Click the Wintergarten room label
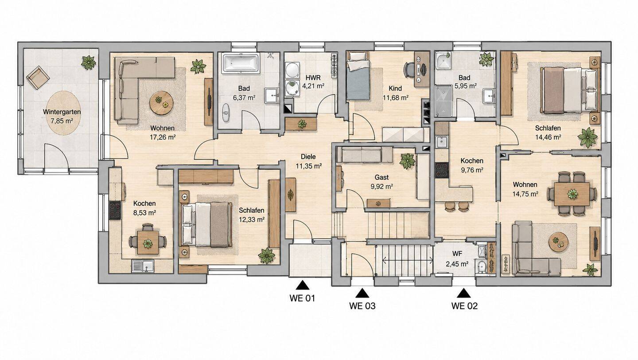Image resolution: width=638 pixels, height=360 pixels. pyautogui.click(x=62, y=112)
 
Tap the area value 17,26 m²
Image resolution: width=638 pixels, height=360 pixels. pyautogui.click(x=163, y=137)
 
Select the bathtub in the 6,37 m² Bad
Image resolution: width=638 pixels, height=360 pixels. pyautogui.click(x=241, y=63)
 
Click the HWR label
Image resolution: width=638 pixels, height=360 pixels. pyautogui.click(x=313, y=78)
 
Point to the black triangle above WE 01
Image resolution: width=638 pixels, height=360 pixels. pyautogui.click(x=302, y=286)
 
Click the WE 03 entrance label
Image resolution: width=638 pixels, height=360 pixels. pyautogui.click(x=362, y=306)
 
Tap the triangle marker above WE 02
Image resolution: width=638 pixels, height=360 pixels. pyautogui.click(x=464, y=293)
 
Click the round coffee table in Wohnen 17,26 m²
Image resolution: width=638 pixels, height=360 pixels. pyautogui.click(x=161, y=103)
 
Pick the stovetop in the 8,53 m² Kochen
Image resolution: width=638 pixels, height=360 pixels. pyautogui.click(x=115, y=210)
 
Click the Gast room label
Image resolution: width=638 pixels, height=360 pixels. pyautogui.click(x=381, y=178)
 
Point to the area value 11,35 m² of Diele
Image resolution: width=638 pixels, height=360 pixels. pyautogui.click(x=309, y=166)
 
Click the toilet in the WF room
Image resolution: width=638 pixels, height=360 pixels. pyautogui.click(x=481, y=267)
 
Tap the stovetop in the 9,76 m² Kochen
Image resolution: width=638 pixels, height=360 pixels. pyautogui.click(x=441, y=170)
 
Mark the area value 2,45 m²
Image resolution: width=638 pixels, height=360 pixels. pyautogui.click(x=457, y=264)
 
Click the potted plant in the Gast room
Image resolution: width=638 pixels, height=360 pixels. pyautogui.click(x=407, y=161)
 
